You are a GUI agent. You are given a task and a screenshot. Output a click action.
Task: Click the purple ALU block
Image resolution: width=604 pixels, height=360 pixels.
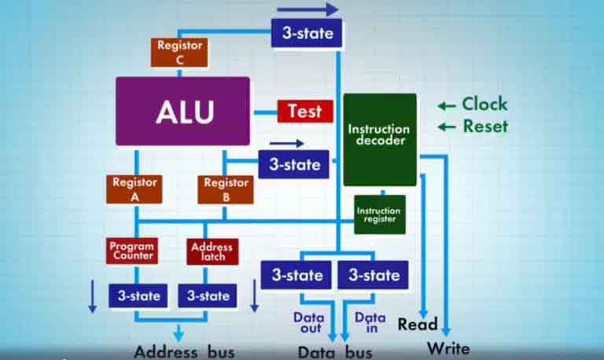pos(182,111)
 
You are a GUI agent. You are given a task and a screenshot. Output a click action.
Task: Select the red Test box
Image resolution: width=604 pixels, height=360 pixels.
pos(305,111)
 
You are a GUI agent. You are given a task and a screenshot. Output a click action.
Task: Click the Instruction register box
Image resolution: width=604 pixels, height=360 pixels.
pos(379,215)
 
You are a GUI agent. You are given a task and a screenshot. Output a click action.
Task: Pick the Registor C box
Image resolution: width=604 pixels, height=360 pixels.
pos(179,52)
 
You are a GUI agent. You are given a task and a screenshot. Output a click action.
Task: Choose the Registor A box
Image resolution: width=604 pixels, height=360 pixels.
pos(134,189)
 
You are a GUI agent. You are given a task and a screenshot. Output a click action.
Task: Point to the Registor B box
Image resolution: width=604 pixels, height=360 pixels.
pos(226,189)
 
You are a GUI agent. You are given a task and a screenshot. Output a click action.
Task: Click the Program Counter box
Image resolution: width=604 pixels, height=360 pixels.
pos(132,251)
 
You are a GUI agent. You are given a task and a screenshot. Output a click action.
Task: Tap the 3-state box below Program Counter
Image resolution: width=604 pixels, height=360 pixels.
pos(138,296)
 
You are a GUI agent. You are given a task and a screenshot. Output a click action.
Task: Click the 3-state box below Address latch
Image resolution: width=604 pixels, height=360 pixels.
pos(208,296)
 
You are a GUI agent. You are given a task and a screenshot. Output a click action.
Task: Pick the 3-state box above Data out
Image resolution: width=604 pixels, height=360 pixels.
pos(296,275)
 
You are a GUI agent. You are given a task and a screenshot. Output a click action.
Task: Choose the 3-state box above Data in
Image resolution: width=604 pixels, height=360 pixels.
pos(374,275)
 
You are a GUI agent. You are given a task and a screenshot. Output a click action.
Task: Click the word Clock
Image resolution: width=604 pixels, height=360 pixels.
pos(484,104)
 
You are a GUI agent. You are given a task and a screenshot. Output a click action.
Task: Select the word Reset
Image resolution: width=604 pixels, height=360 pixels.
pos(484,127)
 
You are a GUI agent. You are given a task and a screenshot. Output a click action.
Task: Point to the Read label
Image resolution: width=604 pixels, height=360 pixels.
pos(417,324)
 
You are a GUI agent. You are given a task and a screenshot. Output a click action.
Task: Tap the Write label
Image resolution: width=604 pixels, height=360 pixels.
pos(448,347)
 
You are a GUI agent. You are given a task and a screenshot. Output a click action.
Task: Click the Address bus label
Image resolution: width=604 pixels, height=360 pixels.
pos(184,351)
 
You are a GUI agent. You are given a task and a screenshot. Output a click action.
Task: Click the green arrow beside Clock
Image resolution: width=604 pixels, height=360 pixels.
pos(447,105)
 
